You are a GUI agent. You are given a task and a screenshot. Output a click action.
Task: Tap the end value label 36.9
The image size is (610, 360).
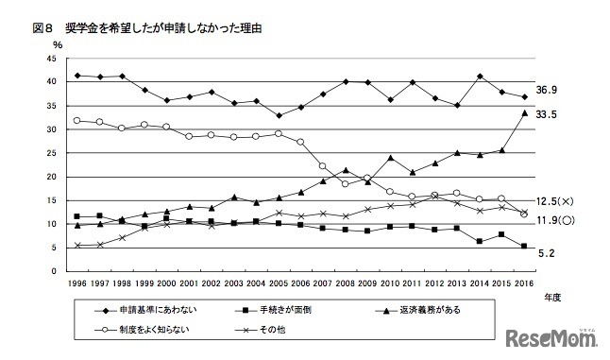[551, 90]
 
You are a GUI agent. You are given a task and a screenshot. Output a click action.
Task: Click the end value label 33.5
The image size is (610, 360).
[551, 114]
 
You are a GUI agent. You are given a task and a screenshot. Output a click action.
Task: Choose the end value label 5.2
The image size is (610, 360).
[548, 253]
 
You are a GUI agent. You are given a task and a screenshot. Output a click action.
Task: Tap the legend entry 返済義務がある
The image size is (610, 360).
[431, 309]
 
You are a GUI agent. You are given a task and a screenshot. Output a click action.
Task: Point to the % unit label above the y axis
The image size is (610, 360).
[58, 43]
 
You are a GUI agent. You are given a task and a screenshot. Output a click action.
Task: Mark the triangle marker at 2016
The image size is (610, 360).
[525, 112]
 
